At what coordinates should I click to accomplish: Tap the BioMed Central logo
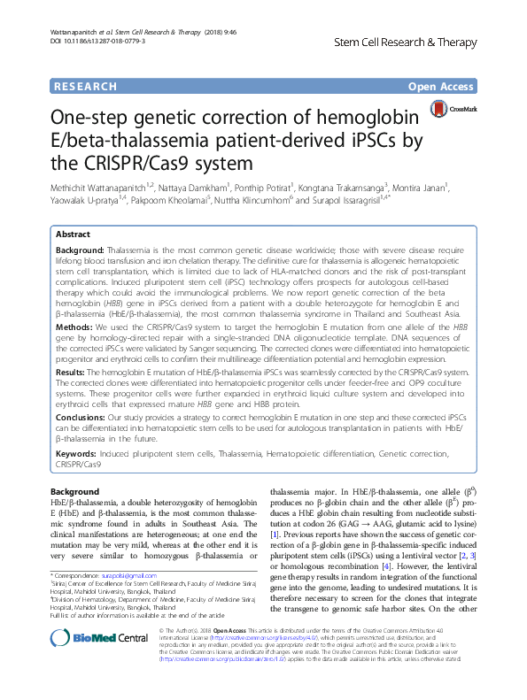[89, 637]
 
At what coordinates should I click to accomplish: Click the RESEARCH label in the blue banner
[85, 86]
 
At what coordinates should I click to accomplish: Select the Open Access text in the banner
[442, 86]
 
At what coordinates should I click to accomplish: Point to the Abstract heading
[73, 235]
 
